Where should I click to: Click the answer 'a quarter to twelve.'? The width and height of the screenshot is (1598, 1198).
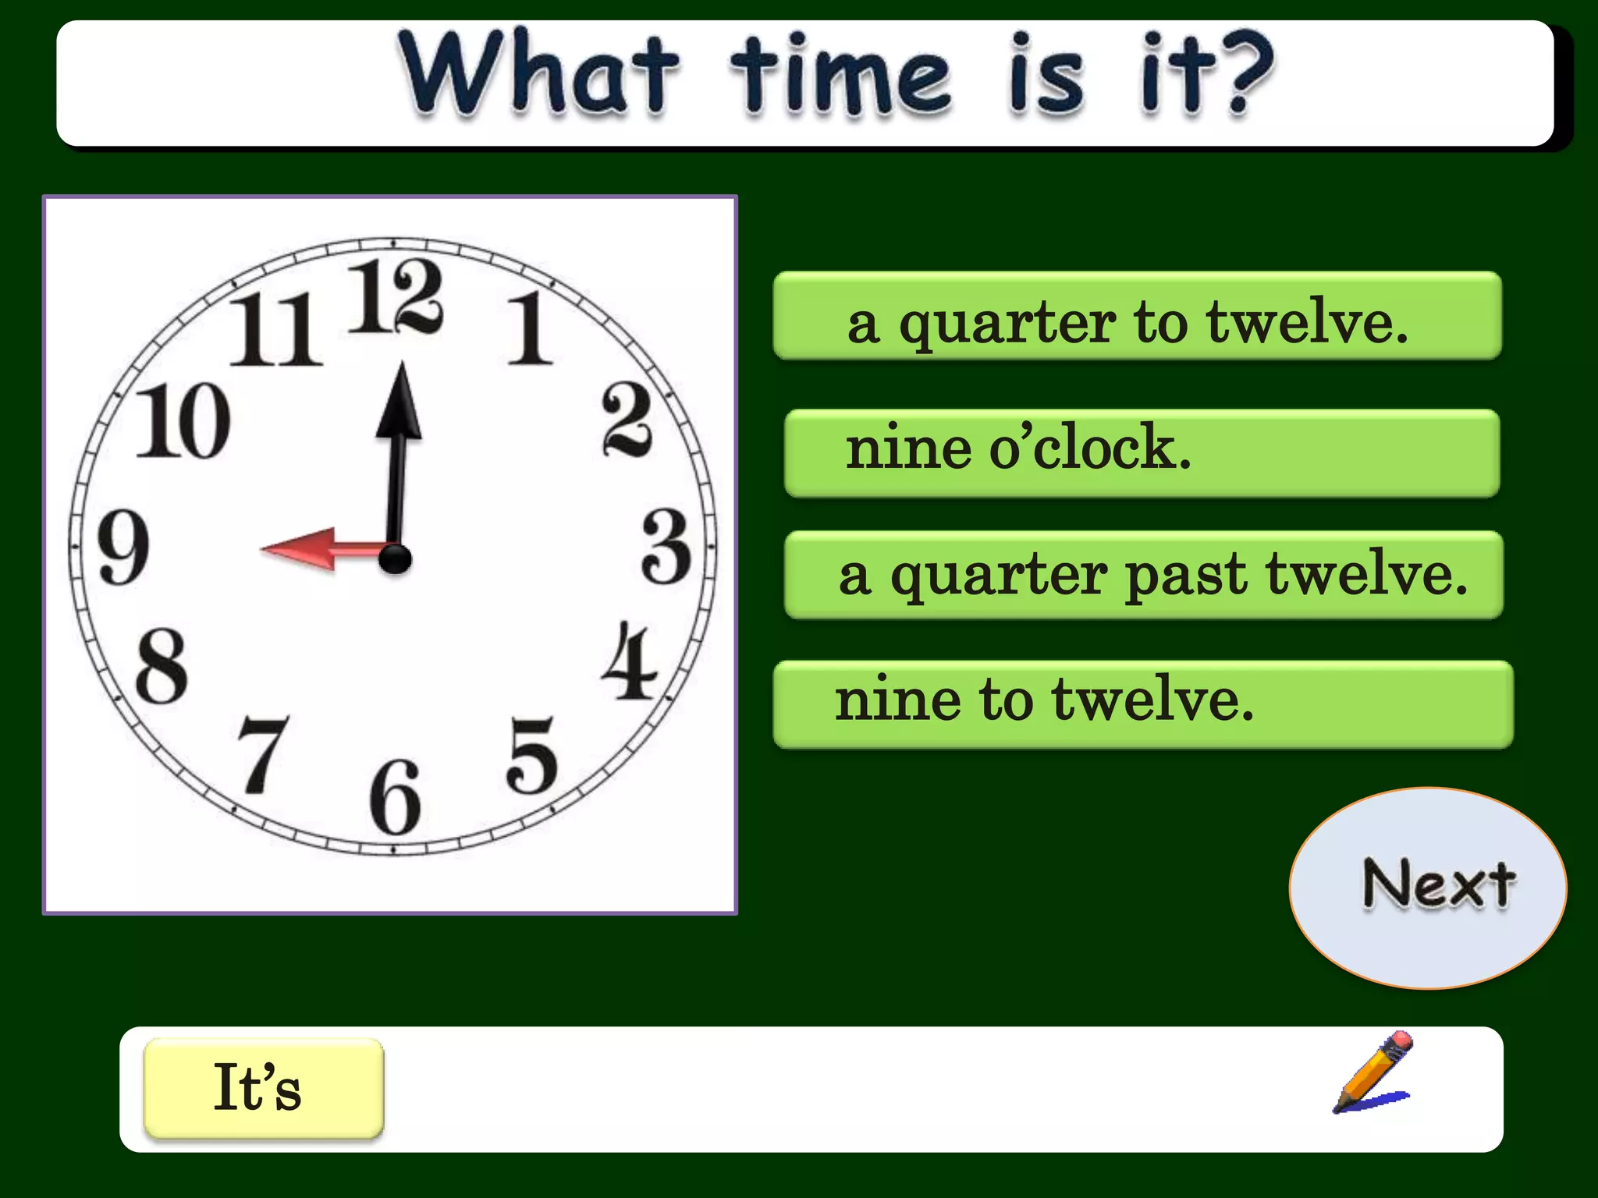pos(1137,317)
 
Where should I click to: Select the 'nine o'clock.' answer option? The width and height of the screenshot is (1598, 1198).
pos(1142,452)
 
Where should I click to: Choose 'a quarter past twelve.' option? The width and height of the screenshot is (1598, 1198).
pos(1143,575)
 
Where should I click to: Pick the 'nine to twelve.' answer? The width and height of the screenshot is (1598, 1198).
pos(1142,704)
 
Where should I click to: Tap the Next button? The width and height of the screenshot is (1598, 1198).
pos(1427,888)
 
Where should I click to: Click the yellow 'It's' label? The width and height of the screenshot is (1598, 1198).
pos(264,1087)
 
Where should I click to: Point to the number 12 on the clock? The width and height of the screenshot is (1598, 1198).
pos(396,298)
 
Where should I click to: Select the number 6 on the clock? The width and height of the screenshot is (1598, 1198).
pos(396,797)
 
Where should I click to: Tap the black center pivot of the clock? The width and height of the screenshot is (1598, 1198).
pos(396,558)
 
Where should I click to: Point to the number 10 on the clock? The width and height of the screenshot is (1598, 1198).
pos(183,421)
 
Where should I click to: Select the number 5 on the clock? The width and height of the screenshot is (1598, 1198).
pos(532,755)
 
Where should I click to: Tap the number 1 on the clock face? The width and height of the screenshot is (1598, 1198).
pos(530,329)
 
